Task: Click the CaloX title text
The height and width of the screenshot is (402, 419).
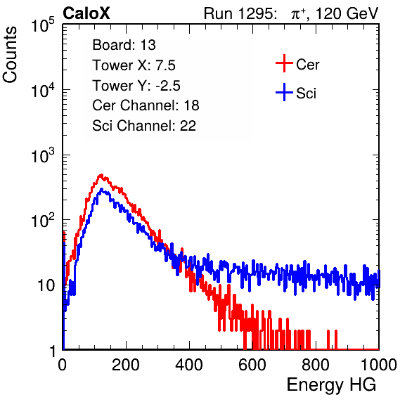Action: click(86, 13)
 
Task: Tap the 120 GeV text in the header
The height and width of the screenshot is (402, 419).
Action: click(347, 13)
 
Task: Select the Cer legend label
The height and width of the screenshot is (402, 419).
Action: click(307, 65)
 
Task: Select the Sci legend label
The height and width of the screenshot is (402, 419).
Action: click(306, 93)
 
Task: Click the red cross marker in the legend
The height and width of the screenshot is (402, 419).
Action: click(284, 63)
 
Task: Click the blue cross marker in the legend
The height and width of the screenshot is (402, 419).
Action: click(284, 92)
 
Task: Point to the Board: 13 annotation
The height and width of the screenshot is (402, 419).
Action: click(124, 45)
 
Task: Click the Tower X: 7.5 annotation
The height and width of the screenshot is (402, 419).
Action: click(134, 65)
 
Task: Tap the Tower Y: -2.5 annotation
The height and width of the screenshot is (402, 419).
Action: click(136, 86)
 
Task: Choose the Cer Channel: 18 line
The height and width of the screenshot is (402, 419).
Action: click(146, 105)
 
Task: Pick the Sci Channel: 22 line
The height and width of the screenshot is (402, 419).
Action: click(144, 126)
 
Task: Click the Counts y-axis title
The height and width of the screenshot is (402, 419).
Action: click(10, 55)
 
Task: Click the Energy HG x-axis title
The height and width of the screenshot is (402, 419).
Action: click(331, 385)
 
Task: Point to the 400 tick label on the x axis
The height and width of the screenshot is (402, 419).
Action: click(189, 365)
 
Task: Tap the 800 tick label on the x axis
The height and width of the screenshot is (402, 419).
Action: click(316, 365)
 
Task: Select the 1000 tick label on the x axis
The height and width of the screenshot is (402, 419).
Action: click(379, 365)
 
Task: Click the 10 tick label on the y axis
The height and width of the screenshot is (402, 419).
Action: click(46, 285)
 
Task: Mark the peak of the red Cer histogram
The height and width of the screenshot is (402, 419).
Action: click(101, 175)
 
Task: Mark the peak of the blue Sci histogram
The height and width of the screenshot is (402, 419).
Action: click(101, 189)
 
